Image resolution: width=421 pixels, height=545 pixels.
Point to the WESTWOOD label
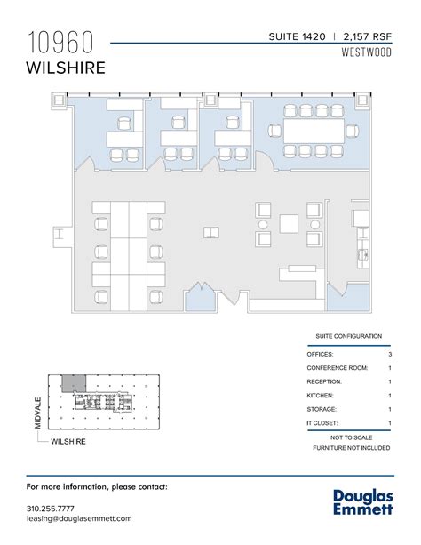pyautogui.click(x=368, y=52)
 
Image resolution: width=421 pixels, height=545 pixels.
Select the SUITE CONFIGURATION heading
pyautogui.click(x=349, y=337)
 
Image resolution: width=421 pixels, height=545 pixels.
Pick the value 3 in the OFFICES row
pyautogui.click(x=390, y=355)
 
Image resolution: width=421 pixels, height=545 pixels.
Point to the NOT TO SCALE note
pyautogui.click(x=349, y=438)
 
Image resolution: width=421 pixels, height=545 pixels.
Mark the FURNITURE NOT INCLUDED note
pyautogui.click(x=349, y=449)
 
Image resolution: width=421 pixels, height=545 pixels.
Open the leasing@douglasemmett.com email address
pyautogui.click(x=79, y=517)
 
